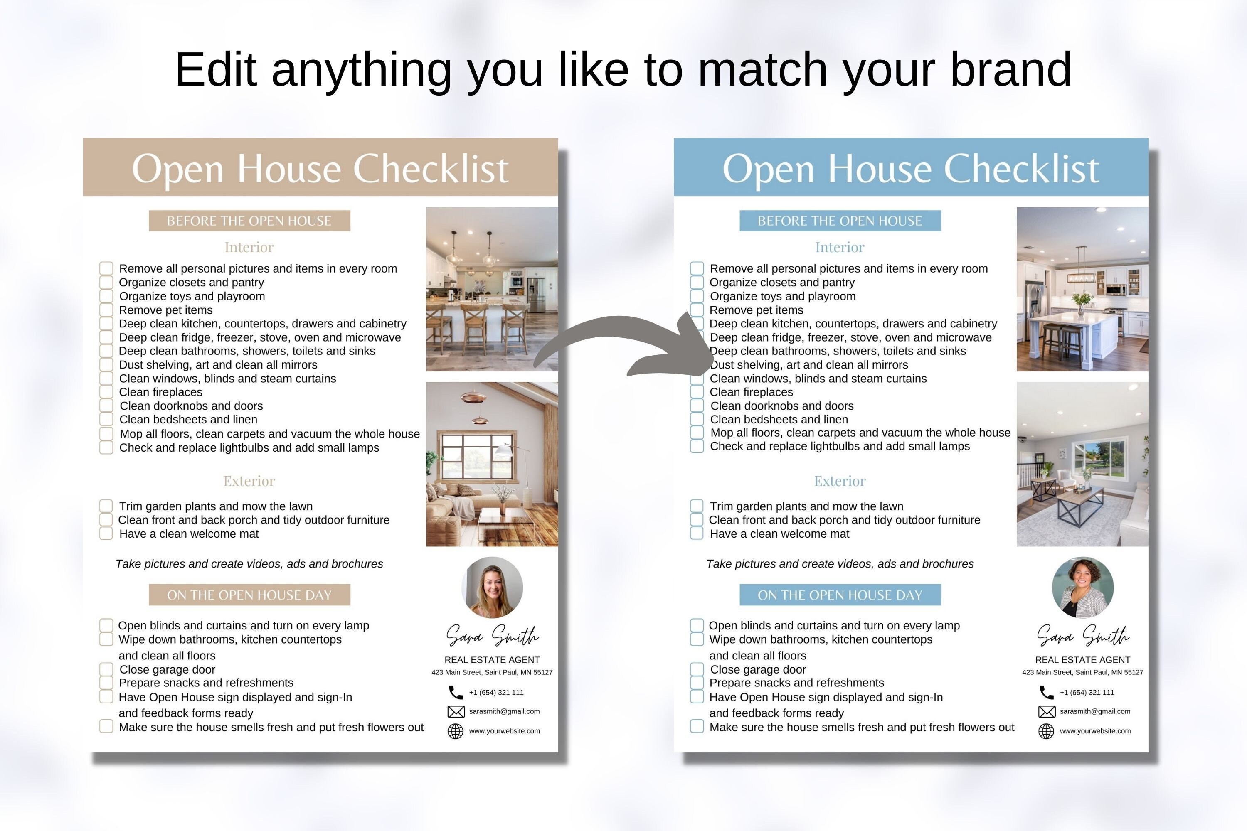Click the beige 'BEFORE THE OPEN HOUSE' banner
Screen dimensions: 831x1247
tap(249, 221)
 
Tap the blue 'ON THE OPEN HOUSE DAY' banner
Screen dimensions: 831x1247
tap(840, 595)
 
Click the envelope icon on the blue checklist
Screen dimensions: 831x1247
tap(1046, 711)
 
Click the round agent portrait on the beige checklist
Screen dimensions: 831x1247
tap(493, 587)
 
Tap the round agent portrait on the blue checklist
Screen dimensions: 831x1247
tap(1083, 587)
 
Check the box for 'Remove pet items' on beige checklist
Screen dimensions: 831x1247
tap(106, 310)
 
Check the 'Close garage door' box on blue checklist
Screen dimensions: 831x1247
tap(697, 669)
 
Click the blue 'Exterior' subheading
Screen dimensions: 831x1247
tap(840, 481)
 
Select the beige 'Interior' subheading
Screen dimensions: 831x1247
tap(249, 248)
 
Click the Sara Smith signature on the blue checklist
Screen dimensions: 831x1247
tap(1083, 635)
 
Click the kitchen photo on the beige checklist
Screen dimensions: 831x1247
tap(492, 289)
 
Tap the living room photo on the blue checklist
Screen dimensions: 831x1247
tap(1083, 464)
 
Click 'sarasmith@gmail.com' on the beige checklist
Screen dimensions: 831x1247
tap(504, 711)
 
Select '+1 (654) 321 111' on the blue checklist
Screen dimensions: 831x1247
tap(1087, 692)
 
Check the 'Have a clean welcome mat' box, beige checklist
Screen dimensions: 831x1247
tap(106, 534)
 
